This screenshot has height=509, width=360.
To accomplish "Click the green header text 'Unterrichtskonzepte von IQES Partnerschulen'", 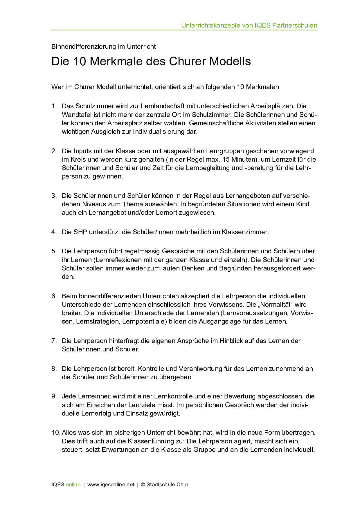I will pyautogui.click(x=249, y=26).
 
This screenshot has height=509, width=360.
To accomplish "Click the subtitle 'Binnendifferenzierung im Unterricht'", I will pyautogui.click(x=103, y=47).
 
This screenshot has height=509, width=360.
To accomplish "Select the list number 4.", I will pyautogui.click(x=54, y=232).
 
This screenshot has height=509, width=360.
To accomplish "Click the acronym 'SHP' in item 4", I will pyautogui.click(x=80, y=232).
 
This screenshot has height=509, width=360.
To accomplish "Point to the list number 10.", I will pyautogui.click(x=56, y=433).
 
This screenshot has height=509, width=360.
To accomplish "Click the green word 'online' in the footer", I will pyautogui.click(x=73, y=485).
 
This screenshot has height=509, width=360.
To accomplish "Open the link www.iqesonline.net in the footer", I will pyautogui.click(x=111, y=485).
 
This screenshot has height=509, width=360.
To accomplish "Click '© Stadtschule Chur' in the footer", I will pyautogui.click(x=165, y=485).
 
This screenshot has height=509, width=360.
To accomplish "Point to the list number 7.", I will pyautogui.click(x=54, y=341).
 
